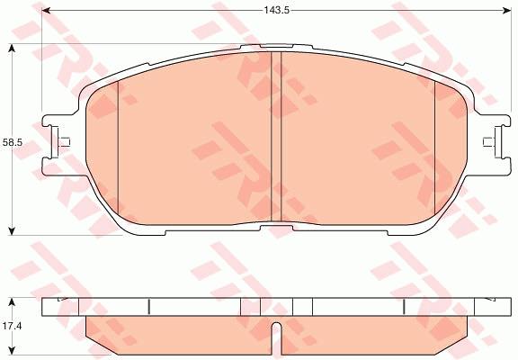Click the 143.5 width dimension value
276,10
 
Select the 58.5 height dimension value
12,142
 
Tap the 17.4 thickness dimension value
12,326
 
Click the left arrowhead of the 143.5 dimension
46,11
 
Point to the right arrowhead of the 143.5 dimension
507,11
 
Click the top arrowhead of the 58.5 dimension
12,49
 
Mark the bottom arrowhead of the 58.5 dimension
12,231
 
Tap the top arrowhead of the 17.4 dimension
12,301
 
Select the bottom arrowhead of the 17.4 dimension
12,351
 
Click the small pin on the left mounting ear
64,142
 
